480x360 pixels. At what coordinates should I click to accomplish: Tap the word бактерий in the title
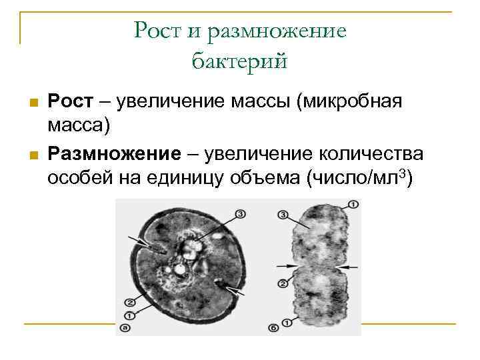(240, 61)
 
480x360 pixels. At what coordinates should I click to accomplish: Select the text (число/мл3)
(359, 179)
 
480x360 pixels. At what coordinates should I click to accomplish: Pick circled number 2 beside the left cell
(126, 302)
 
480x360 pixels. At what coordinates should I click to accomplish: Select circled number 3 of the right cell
(283, 215)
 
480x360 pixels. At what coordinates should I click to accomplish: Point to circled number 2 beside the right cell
(283, 283)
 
